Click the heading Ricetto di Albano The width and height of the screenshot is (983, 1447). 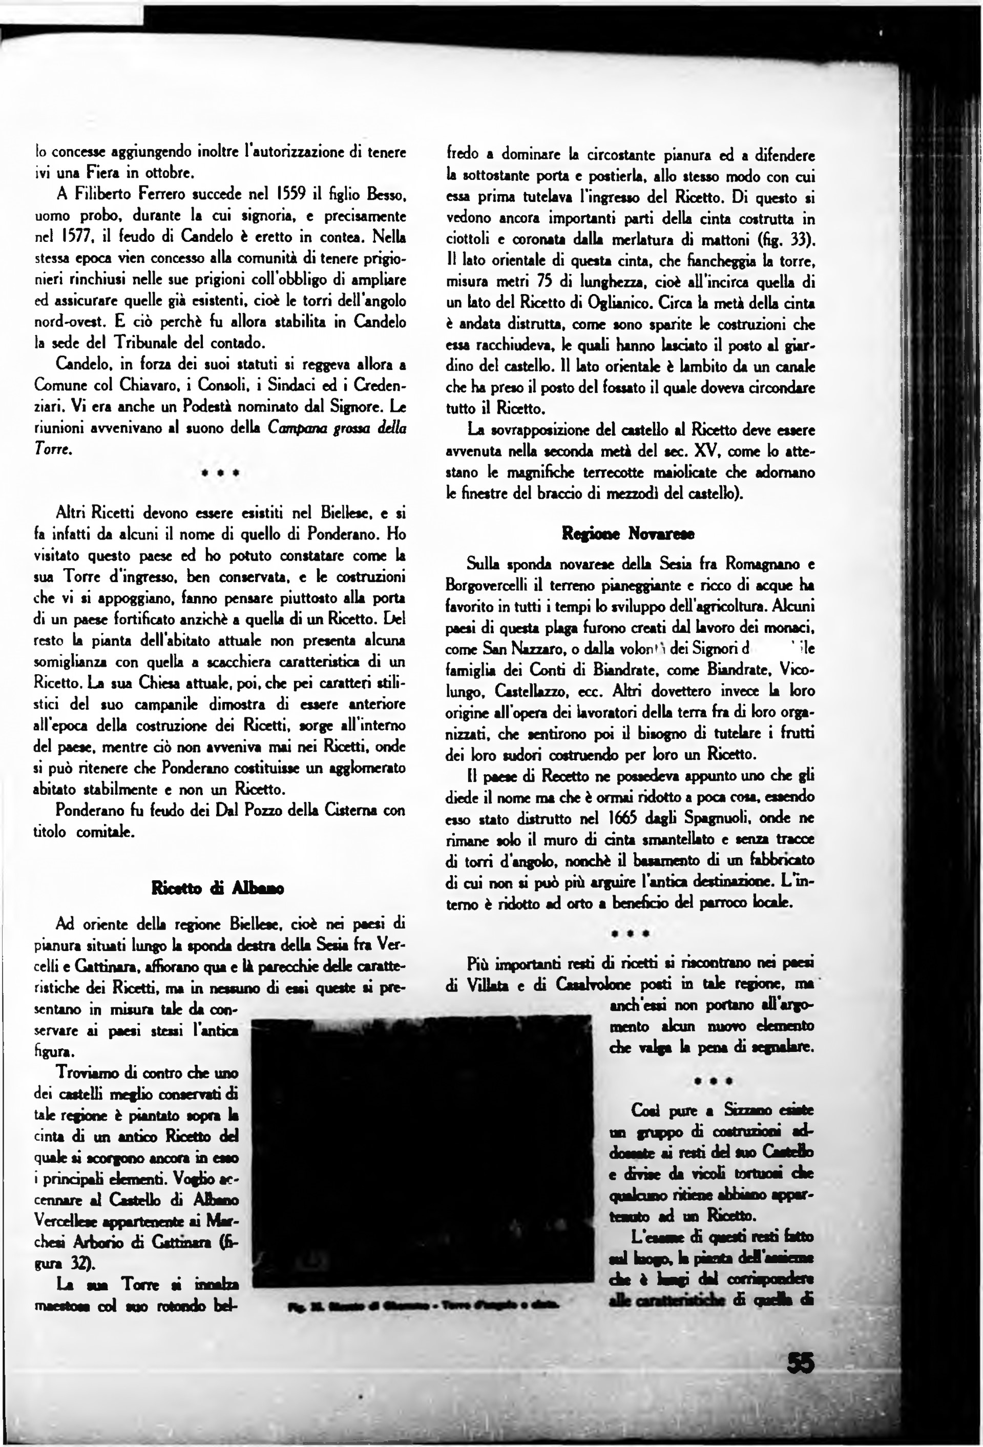click(x=217, y=888)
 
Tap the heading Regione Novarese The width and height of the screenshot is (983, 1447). click(x=628, y=533)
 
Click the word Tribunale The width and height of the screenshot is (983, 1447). click(x=144, y=342)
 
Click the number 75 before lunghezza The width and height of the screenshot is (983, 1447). click(x=541, y=282)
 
